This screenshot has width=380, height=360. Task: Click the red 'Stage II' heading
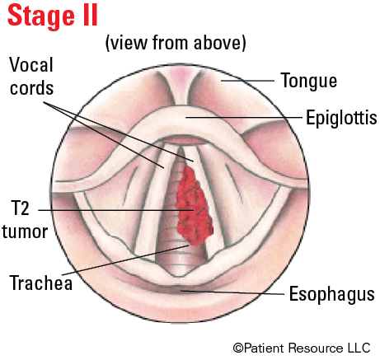(x=53, y=16)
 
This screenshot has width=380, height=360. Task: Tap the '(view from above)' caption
(x=176, y=43)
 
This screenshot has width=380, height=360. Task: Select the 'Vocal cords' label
(x=31, y=77)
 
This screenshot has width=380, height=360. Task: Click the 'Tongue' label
(x=309, y=82)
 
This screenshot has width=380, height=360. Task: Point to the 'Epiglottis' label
(x=341, y=118)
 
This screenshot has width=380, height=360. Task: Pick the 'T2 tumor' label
(x=25, y=220)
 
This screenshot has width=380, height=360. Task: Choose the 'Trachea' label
(x=41, y=283)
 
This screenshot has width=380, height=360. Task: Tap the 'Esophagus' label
(x=332, y=294)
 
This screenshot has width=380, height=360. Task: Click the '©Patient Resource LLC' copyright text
(x=302, y=348)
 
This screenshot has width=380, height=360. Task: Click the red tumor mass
(x=194, y=206)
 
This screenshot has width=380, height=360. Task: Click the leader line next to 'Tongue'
(x=247, y=81)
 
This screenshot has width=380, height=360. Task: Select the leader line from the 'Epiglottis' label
(x=244, y=118)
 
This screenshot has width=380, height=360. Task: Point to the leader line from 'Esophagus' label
(x=232, y=292)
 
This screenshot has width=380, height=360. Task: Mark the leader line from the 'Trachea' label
(x=125, y=259)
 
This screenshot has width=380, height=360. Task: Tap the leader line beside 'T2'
(x=116, y=210)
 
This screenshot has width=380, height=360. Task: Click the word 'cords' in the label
(x=31, y=88)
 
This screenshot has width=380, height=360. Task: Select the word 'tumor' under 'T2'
(x=25, y=231)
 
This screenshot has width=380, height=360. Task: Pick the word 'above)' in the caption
(x=219, y=43)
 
